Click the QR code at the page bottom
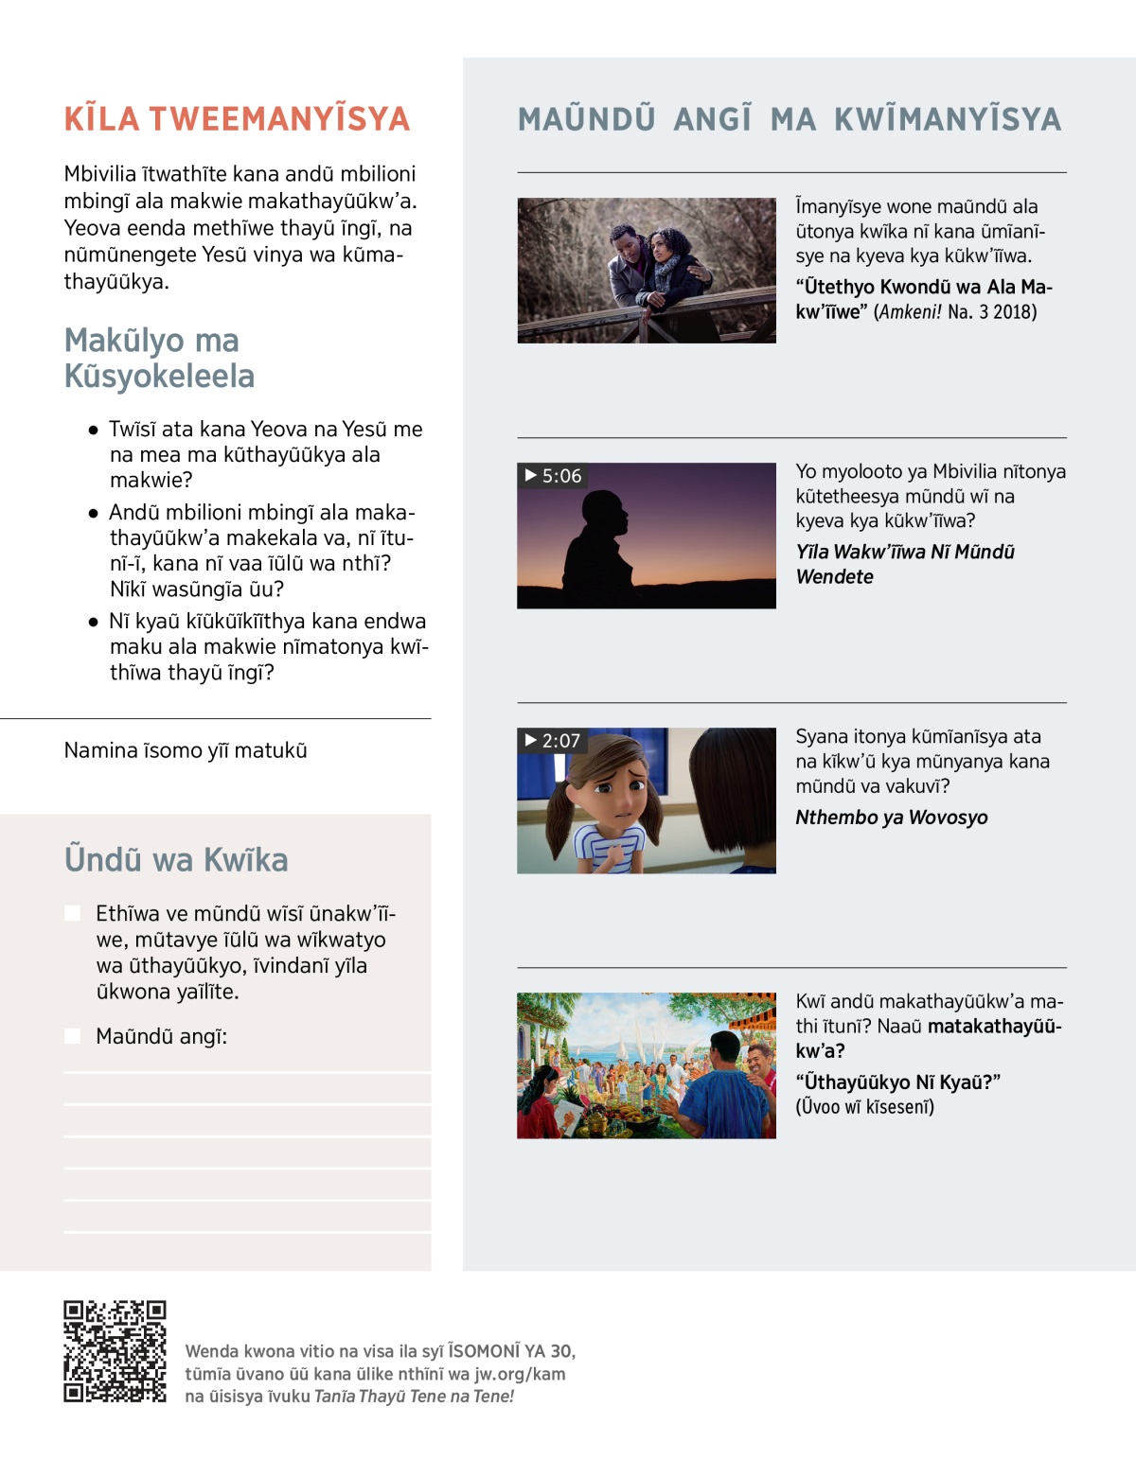pos(115,1351)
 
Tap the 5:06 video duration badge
pos(553,476)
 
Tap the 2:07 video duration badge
pos(552,741)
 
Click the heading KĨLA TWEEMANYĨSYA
pos(237,119)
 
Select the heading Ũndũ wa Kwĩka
pos(176,860)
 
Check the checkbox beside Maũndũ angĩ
pos(72,1036)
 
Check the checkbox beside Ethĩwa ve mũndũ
pos(72,913)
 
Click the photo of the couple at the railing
pos(647,271)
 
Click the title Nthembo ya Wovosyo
pos(891,818)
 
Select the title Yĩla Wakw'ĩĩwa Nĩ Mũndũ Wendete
pos(904,564)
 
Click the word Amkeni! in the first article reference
pos(909,312)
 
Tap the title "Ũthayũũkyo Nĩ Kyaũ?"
pos(897,1082)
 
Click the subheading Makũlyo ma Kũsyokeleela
pos(159,358)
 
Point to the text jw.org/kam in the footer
pos(520,1374)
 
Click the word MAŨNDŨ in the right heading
pos(586,119)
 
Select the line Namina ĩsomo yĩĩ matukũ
pos(186,750)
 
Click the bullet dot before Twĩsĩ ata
pos(93,431)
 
